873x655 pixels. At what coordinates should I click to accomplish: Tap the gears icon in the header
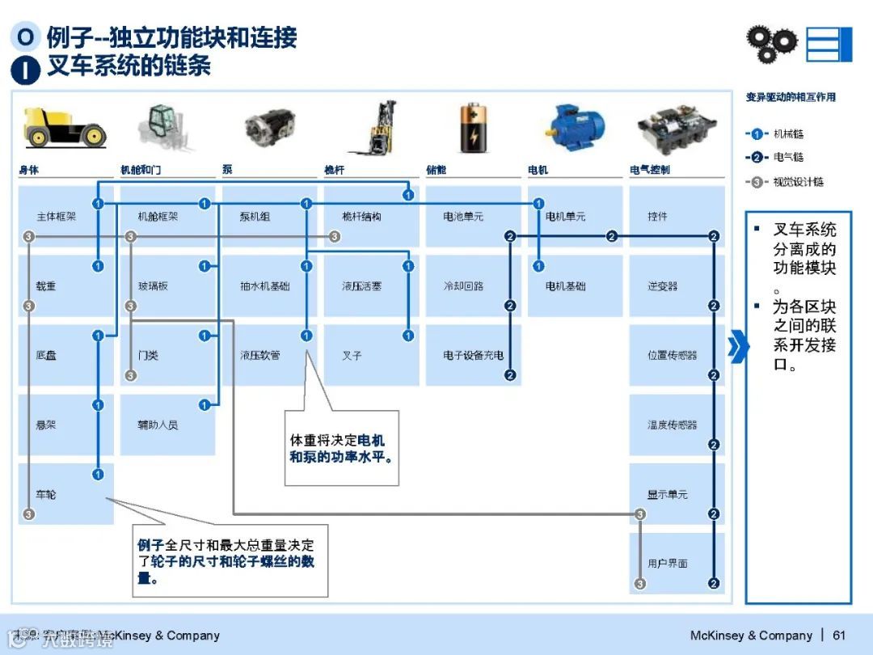coord(770,43)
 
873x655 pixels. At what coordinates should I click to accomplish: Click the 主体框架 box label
coord(56,217)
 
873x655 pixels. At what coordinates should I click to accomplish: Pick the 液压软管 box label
coord(259,355)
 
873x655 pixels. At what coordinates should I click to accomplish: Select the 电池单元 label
coord(462,217)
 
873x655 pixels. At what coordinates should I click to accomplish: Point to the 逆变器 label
coord(662,286)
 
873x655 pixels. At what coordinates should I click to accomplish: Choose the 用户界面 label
coord(667,564)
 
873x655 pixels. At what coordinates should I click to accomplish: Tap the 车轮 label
coord(46,494)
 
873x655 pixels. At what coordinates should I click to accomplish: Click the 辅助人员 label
coord(158,425)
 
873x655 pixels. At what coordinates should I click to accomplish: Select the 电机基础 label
coord(565,286)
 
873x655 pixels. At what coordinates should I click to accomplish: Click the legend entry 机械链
coord(788,133)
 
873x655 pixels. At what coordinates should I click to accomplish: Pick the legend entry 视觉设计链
coord(798,182)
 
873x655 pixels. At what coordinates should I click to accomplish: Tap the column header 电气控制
coord(649,170)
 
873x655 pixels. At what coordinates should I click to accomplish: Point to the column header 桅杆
coord(334,170)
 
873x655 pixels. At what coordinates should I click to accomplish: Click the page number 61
coord(839,635)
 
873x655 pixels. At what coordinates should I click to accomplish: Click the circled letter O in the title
coord(26,36)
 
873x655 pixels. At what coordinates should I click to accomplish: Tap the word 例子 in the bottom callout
coord(150,546)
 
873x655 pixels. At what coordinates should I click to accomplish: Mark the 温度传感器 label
coord(672,425)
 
